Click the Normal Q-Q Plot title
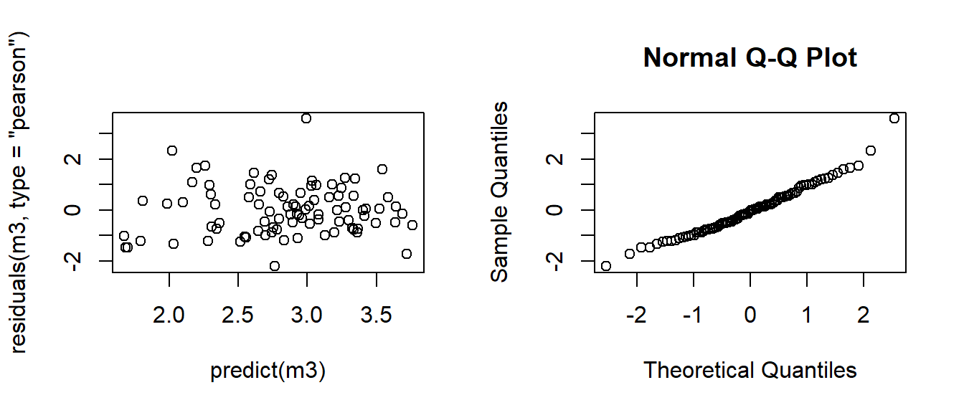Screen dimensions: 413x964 tap(750, 57)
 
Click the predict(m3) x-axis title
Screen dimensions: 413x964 tap(268, 371)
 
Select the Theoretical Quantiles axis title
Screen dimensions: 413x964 tap(750, 371)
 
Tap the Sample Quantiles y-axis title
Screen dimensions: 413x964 tap(501, 191)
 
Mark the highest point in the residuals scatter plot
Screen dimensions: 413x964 tap(306, 118)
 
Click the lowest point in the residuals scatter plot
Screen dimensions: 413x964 tap(274, 266)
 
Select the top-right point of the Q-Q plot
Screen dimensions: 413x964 tap(894, 118)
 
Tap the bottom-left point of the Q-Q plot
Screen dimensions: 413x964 tap(606, 266)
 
